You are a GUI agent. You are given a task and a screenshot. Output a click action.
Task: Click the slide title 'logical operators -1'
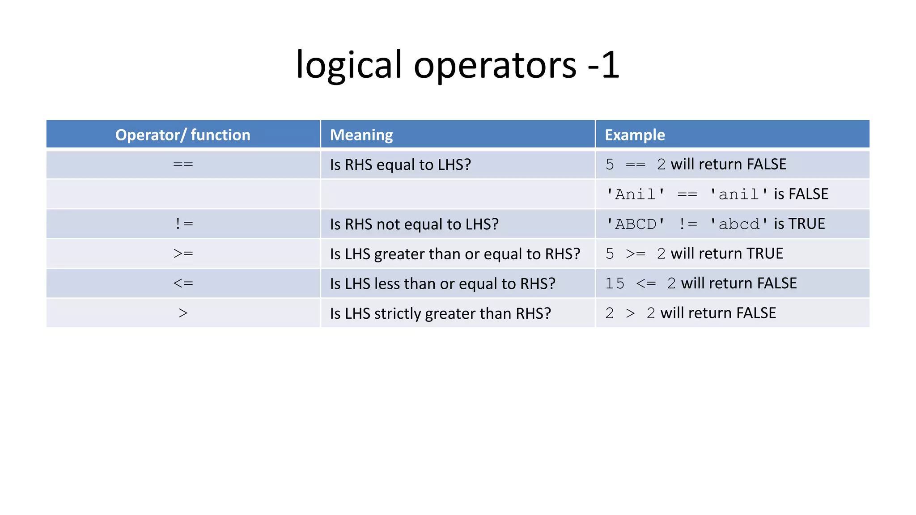(x=458, y=65)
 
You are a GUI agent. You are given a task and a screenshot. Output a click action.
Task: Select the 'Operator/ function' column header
(x=183, y=135)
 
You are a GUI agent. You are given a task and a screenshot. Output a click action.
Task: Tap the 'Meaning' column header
(x=361, y=135)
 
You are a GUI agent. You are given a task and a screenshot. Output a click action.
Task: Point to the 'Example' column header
(x=635, y=135)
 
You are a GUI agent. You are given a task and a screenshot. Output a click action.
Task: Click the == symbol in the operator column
(x=183, y=165)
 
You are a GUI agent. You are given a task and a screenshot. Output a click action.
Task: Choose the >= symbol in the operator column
(x=183, y=253)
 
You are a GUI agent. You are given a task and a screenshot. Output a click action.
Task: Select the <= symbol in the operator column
(x=183, y=283)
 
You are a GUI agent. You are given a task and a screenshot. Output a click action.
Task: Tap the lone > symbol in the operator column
(x=183, y=313)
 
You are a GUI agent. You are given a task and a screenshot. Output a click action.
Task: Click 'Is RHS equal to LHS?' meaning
(x=400, y=165)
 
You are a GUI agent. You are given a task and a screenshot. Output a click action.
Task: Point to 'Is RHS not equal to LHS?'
(x=414, y=224)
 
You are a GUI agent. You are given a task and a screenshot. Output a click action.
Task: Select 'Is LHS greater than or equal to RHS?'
(x=455, y=254)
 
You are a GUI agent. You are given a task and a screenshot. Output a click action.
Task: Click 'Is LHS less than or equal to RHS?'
(x=442, y=283)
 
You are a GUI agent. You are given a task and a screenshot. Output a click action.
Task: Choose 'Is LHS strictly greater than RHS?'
(x=440, y=313)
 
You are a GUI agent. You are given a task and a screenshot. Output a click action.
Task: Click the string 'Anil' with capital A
(x=636, y=194)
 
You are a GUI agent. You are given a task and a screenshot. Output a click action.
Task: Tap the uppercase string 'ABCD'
(x=636, y=224)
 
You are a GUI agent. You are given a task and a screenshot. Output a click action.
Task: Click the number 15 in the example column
(x=615, y=283)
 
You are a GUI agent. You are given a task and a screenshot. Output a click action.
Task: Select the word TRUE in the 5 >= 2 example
(x=764, y=253)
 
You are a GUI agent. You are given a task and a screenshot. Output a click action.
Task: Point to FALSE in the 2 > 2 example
(x=756, y=313)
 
